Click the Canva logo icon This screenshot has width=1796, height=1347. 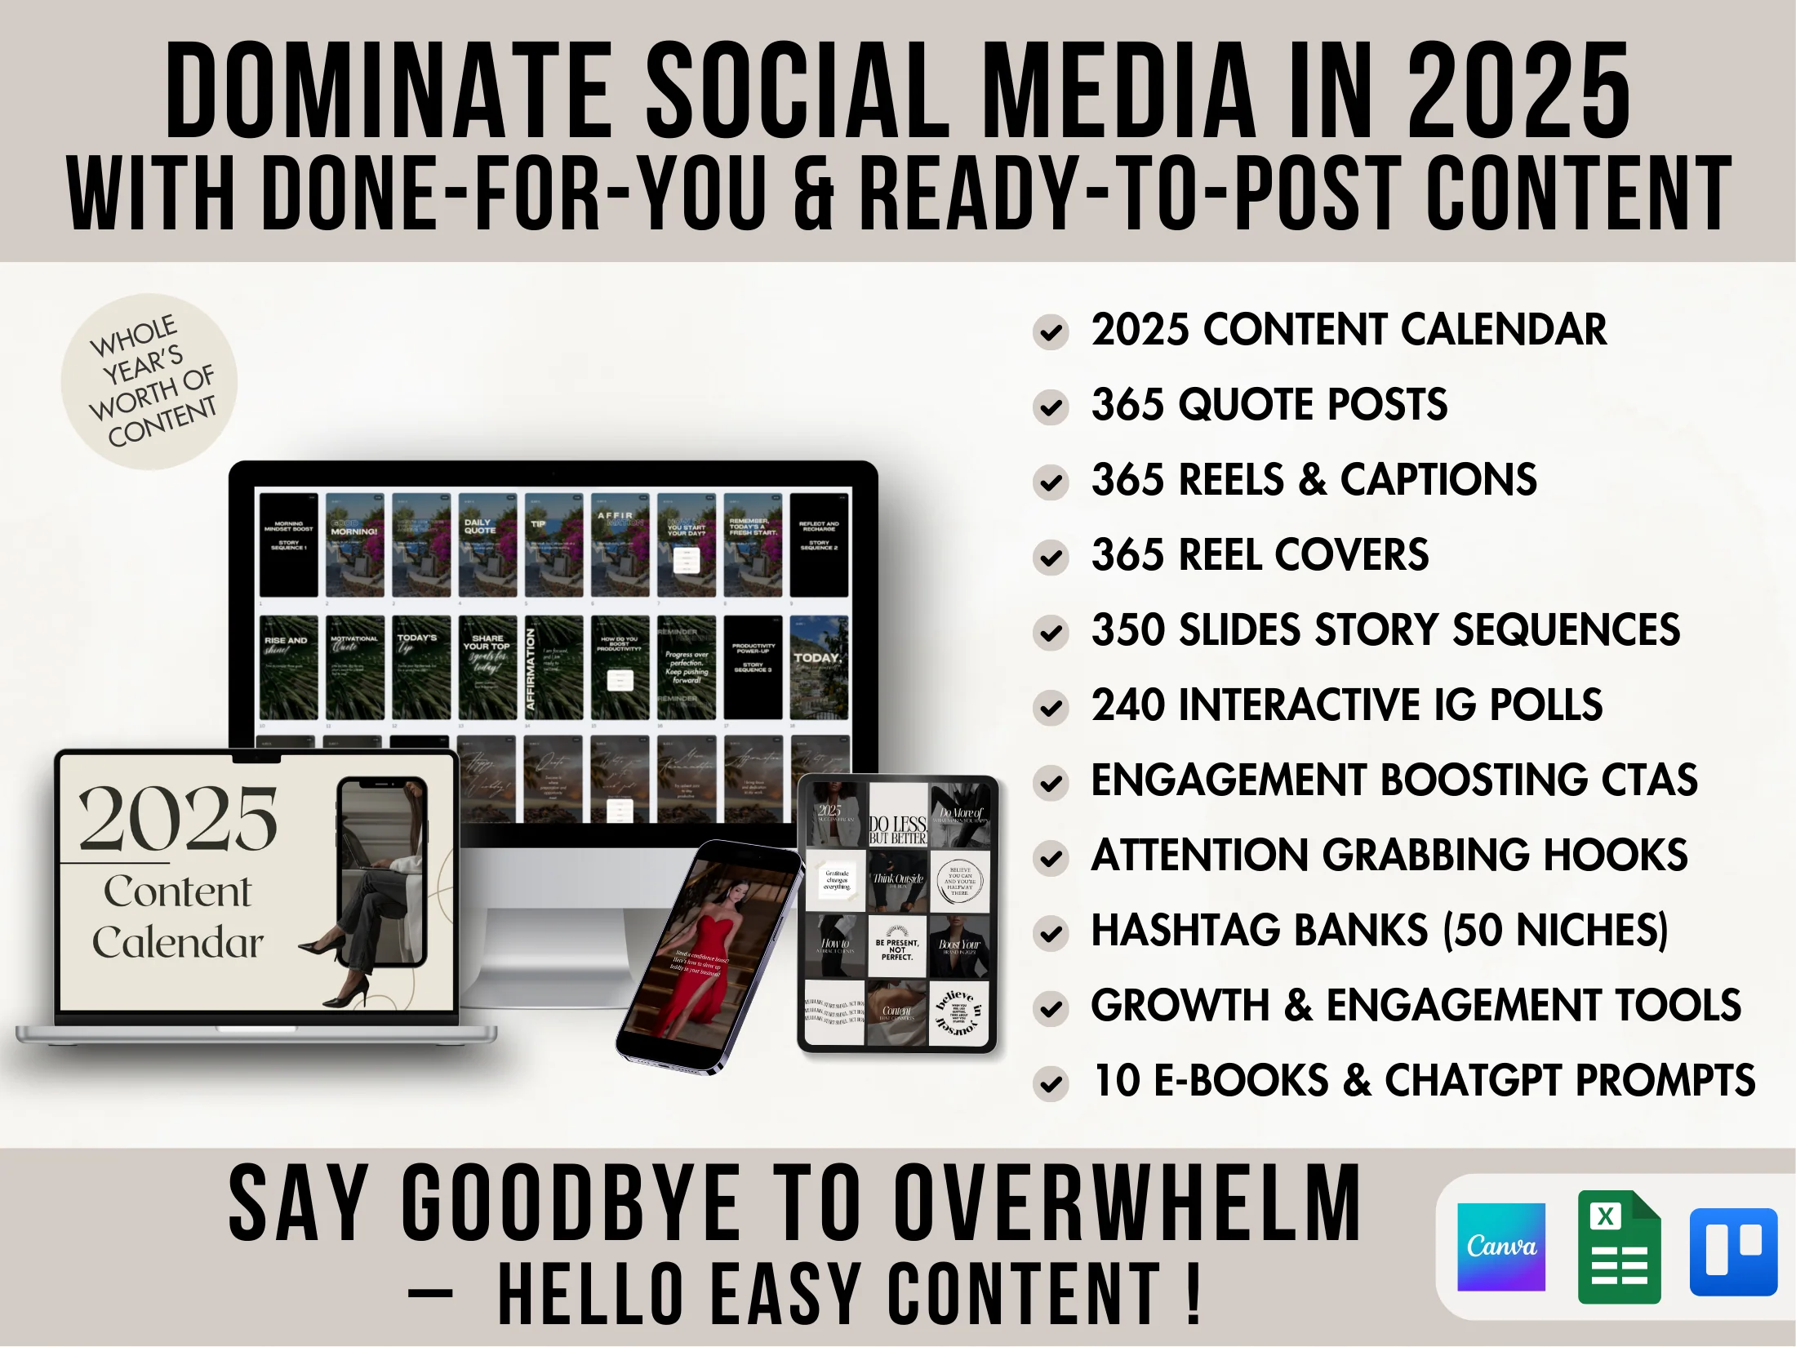click(1500, 1247)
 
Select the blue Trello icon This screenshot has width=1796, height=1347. click(1733, 1251)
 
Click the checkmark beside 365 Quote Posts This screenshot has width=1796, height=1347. click(1051, 407)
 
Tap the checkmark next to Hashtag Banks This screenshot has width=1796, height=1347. click(1051, 933)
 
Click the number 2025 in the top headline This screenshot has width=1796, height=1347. click(1518, 91)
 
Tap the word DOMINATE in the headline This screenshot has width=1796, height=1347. click(389, 91)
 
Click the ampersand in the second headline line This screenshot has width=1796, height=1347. click(814, 194)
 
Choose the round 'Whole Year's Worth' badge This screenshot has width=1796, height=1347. click(149, 381)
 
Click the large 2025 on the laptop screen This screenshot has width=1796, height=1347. click(178, 819)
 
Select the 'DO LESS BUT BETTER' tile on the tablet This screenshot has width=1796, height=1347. click(897, 816)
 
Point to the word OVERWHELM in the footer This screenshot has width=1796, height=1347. click(1127, 1204)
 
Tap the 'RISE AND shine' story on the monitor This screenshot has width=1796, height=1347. click(288, 667)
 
